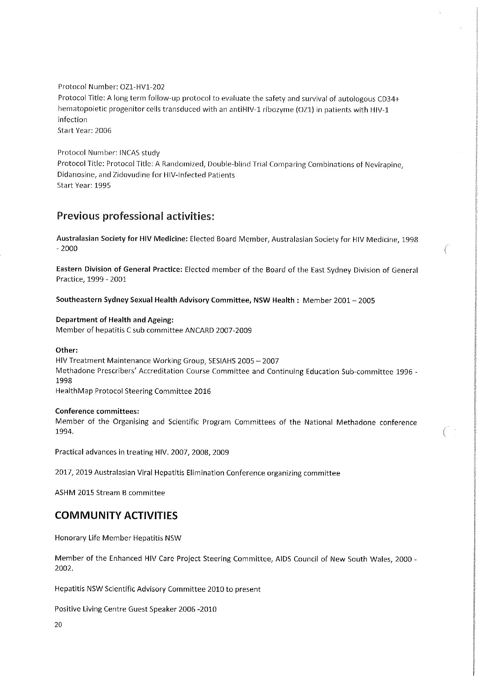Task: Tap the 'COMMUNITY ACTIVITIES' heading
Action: (x=116, y=516)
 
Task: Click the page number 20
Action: (x=58, y=625)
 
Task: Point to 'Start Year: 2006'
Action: (x=84, y=130)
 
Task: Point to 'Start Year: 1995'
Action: (x=84, y=185)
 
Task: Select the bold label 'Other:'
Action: (x=67, y=350)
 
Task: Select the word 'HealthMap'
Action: (x=71, y=391)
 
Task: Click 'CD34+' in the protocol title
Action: (x=388, y=99)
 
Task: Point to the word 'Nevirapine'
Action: (x=384, y=165)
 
